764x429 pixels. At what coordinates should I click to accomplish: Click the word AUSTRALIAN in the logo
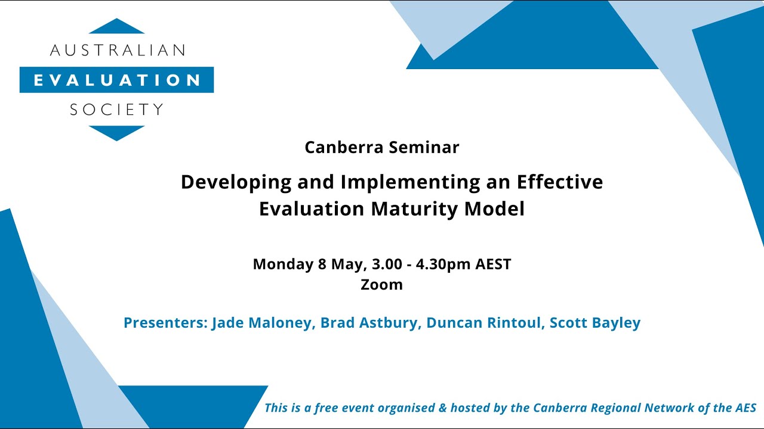click(117, 50)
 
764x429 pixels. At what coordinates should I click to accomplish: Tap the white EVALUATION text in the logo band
click(117, 80)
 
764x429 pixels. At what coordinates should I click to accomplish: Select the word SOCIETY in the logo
click(117, 110)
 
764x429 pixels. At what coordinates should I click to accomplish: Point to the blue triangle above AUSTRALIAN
click(117, 27)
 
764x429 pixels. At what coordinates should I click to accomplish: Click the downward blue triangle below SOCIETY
click(117, 132)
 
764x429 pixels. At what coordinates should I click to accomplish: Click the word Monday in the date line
click(284, 264)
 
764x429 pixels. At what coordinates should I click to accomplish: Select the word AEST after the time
click(493, 264)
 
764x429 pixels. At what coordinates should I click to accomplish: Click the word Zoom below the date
click(382, 284)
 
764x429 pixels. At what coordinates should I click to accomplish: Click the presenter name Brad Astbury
click(368, 323)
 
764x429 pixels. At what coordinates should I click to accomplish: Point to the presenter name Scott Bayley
click(594, 323)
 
